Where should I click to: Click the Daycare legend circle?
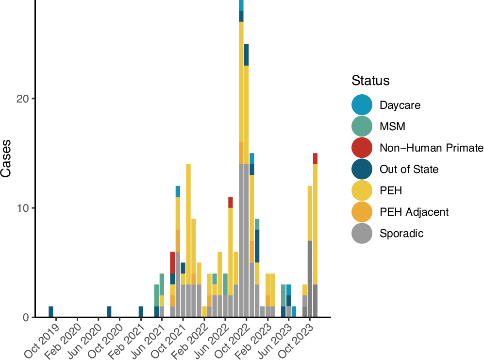click(x=362, y=105)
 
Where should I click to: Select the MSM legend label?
click(x=392, y=127)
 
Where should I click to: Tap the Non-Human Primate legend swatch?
click(x=362, y=148)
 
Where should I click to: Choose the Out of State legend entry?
click(x=409, y=169)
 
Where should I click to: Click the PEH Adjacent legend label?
click(x=414, y=212)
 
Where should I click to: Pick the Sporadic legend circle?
click(x=362, y=233)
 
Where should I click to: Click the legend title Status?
click(x=371, y=80)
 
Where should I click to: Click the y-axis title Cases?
click(x=7, y=159)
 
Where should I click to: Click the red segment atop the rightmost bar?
click(x=315, y=158)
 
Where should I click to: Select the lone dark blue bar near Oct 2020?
click(x=109, y=311)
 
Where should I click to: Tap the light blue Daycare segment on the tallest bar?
click(x=241, y=5)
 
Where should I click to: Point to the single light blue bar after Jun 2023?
click(x=294, y=311)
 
